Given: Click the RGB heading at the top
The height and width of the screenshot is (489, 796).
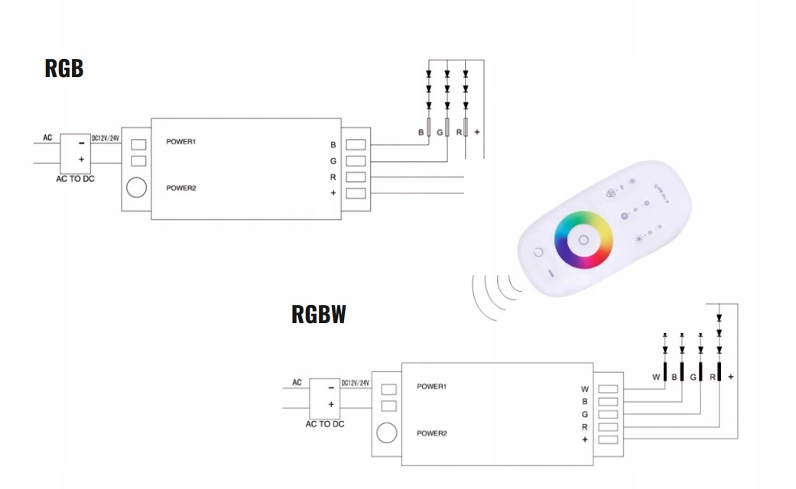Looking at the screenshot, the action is (64, 68).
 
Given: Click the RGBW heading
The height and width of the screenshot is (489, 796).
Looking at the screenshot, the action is (319, 314).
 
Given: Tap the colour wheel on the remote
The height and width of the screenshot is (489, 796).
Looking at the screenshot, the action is (583, 239).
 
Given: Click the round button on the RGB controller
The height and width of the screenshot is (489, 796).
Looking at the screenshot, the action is (137, 187).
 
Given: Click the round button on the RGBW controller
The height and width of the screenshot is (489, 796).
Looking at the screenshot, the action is (387, 432).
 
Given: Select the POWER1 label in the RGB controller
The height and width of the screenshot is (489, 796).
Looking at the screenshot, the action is (181, 141).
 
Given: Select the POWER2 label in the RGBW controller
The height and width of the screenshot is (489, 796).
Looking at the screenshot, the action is (432, 433).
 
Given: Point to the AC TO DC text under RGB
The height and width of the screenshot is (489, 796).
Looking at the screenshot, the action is (75, 179).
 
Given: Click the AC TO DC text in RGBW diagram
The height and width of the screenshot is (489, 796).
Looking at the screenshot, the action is (325, 424).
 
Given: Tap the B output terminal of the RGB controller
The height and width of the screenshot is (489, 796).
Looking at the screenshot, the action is (356, 144).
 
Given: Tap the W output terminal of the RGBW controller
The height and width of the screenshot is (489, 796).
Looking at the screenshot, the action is (608, 389).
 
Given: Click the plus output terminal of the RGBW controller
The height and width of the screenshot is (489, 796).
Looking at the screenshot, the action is (608, 440).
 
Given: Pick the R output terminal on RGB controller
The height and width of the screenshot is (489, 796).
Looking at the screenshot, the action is (356, 177).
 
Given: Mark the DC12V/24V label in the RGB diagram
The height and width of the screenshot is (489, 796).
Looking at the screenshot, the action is (106, 138).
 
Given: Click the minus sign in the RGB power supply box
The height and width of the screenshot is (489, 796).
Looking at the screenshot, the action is (81, 143).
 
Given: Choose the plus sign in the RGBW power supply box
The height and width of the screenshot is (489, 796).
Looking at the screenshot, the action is (331, 404).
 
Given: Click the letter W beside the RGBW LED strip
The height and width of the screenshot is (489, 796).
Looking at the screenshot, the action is (656, 377).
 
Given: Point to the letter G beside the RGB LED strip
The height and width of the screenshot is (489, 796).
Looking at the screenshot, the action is (440, 132).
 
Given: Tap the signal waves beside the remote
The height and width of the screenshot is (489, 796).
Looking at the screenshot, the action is (495, 296).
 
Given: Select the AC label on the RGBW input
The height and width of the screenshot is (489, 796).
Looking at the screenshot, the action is (297, 383).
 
